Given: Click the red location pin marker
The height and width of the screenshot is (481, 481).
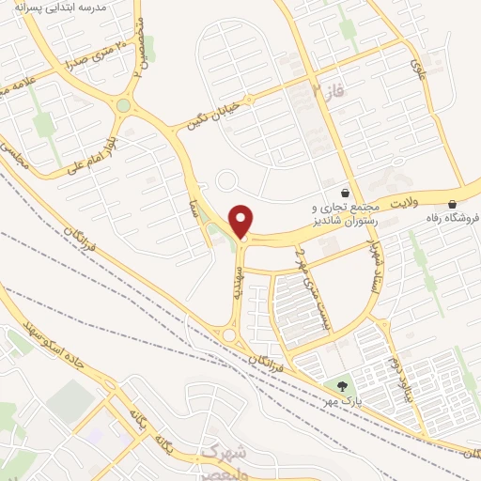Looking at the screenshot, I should click(241, 222).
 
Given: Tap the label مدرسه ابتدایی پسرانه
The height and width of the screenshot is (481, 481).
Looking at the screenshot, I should click(81, 7).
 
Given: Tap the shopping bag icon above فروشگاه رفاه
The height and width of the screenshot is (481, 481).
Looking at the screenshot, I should click(453, 204).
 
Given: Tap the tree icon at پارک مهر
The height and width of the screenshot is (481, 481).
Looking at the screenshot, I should click(341, 384).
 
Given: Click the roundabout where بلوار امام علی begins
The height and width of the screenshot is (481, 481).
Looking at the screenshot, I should click(123, 104).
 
